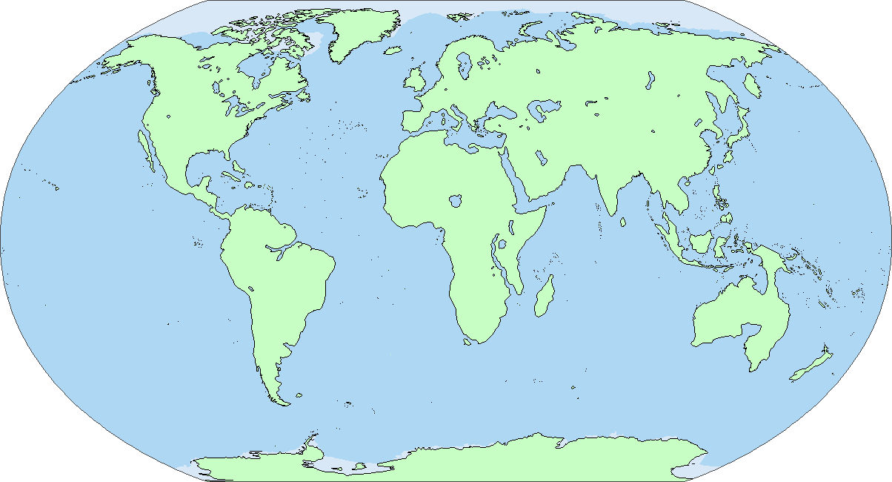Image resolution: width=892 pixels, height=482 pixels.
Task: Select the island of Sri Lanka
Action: [x=625, y=222]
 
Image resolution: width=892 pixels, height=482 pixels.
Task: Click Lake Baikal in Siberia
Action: [x=650, y=79]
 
